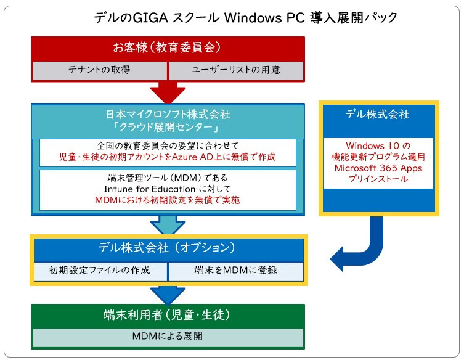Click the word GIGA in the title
[x=150, y=18]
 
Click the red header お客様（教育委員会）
[x=168, y=47]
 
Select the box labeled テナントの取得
[x=99, y=70]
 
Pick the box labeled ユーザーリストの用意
[x=236, y=70]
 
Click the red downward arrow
[x=168, y=92]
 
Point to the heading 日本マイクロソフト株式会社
[x=168, y=114]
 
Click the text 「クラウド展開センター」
[x=168, y=128]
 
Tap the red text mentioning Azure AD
[x=168, y=157]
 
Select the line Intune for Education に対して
[x=167, y=189]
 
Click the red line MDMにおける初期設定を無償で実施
[x=167, y=200]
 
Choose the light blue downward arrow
[x=168, y=225]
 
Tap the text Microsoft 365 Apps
[x=378, y=168]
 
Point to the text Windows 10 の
[x=378, y=145]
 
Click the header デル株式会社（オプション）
[x=167, y=248]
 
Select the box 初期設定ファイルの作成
[x=100, y=271]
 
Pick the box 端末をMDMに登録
[x=236, y=271]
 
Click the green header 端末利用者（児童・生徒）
[x=167, y=315]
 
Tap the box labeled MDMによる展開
[x=168, y=337]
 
